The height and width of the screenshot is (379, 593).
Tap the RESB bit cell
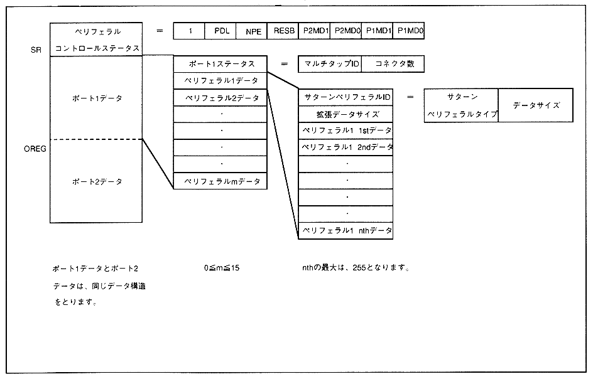click(x=283, y=30)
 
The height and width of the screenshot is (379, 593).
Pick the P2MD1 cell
click(x=315, y=30)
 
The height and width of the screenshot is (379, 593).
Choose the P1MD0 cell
click(x=409, y=30)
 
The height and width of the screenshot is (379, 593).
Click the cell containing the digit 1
click(x=190, y=30)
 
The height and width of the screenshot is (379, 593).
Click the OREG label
click(x=35, y=149)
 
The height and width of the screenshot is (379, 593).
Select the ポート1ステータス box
click(x=220, y=64)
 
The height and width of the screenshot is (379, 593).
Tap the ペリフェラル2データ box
click(x=220, y=98)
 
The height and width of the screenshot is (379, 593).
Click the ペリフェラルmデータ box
click(x=220, y=181)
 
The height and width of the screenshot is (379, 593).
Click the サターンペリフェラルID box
click(x=346, y=97)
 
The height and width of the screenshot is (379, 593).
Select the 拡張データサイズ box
click(x=346, y=114)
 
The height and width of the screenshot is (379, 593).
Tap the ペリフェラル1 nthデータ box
click(x=346, y=231)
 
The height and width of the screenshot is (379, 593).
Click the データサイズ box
click(x=536, y=105)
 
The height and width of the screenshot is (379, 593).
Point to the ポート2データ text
click(x=97, y=181)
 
